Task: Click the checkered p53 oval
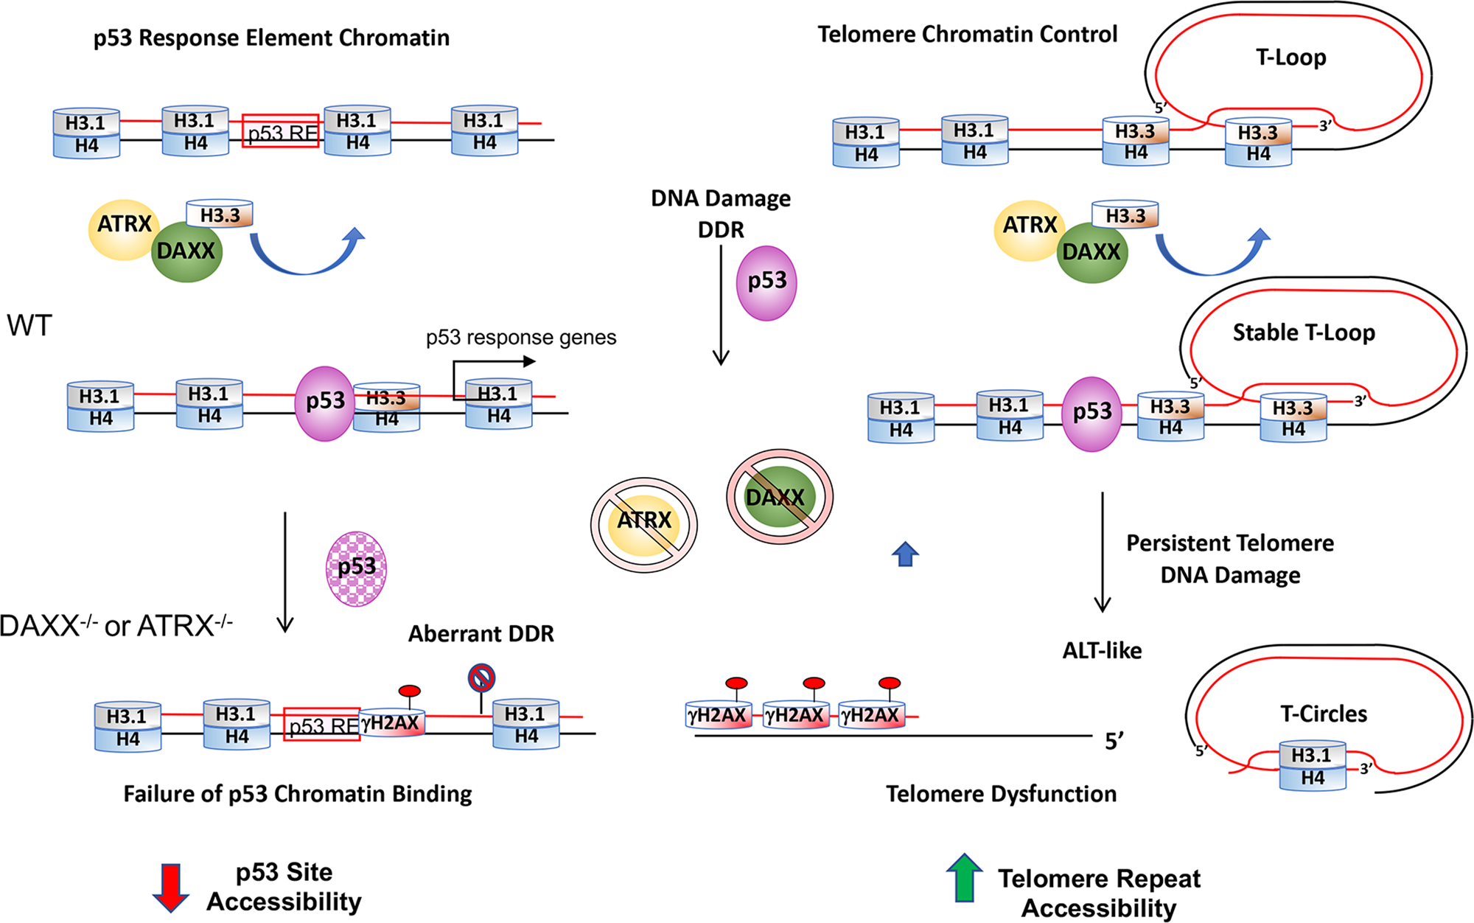tap(357, 568)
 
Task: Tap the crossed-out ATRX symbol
tap(643, 524)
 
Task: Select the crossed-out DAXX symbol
tap(779, 497)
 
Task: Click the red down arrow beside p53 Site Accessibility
tap(170, 887)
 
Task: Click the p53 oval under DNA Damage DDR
tap(766, 282)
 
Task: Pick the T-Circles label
tap(1324, 714)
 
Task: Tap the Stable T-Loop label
tap(1304, 332)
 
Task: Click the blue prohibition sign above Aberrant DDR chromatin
tap(481, 677)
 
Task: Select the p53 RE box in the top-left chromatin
tap(281, 131)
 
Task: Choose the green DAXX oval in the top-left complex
tap(186, 251)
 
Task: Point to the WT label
tap(29, 325)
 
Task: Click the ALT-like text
tap(1102, 650)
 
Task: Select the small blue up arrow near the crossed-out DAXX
tap(905, 554)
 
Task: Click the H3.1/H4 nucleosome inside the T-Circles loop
tap(1313, 767)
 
